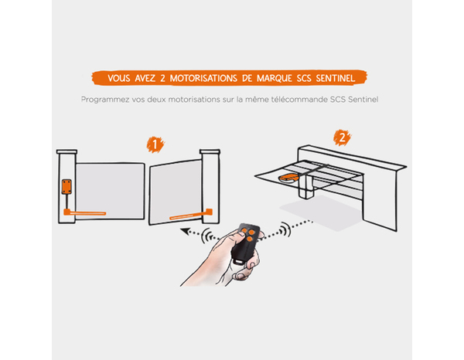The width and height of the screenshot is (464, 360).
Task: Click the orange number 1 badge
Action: click(155, 144)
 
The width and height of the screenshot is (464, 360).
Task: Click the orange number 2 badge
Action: click(342, 138)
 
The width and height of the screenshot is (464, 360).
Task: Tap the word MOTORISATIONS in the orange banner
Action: click(203, 78)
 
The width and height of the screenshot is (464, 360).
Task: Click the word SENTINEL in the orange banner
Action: click(336, 78)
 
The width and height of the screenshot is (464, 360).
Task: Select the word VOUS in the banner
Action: click(119, 78)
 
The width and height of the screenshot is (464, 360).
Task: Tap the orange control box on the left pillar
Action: click(67, 186)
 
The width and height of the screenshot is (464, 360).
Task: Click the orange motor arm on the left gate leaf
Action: click(84, 212)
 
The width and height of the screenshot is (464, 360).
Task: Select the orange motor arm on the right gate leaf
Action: click(191, 215)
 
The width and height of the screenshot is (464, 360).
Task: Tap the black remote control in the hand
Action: click(245, 244)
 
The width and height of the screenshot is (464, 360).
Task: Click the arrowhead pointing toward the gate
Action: click(186, 231)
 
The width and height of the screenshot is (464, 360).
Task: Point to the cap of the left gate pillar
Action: click(67, 151)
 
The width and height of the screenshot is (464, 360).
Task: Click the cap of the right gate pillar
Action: click(210, 151)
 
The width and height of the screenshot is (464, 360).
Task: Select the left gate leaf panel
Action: click(110, 191)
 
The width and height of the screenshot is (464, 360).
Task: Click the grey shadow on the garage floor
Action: click(321, 212)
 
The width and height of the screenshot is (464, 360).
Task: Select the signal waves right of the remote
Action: click(285, 229)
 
